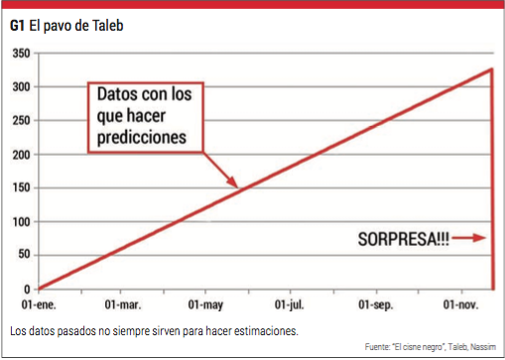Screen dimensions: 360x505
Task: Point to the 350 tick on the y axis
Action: point(19,53)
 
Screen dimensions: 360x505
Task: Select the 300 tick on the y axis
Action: point(19,87)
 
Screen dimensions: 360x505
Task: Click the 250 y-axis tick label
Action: point(19,121)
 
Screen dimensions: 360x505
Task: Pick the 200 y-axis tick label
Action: point(19,155)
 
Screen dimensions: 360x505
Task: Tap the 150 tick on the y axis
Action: point(19,188)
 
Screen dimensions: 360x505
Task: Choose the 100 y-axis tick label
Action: point(19,222)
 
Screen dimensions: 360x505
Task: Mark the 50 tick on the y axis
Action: point(22,256)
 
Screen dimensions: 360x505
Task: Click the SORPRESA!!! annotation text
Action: point(402,238)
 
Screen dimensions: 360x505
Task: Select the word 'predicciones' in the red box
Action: point(142,137)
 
